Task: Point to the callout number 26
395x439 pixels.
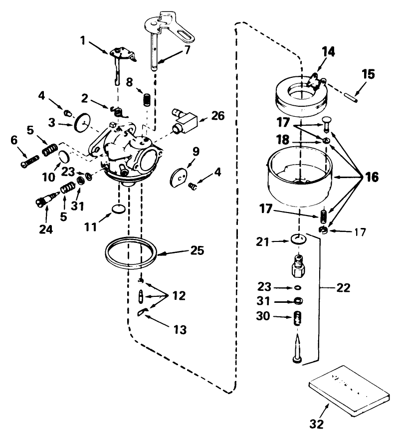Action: click(217, 116)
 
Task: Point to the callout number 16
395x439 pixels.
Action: click(371, 177)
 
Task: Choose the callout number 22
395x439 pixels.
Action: click(343, 288)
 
